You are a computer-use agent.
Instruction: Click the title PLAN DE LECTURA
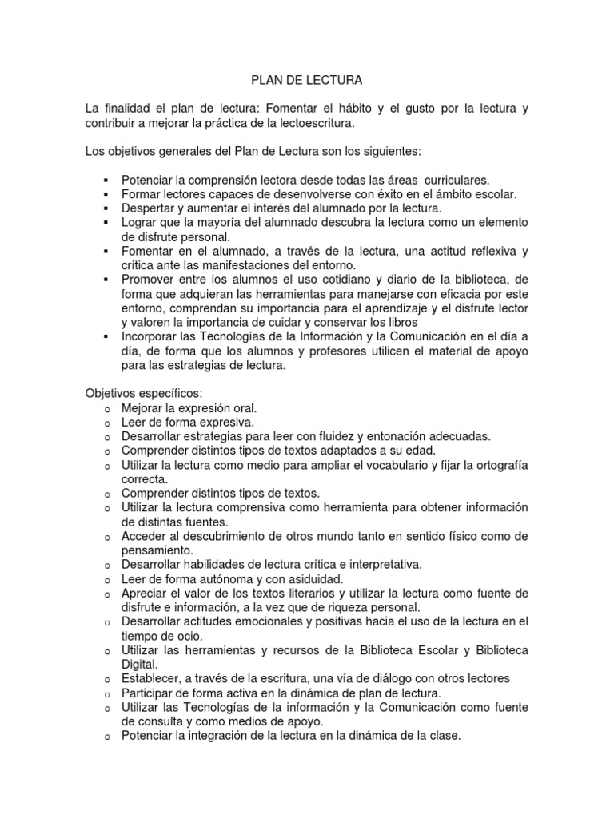pos(307,81)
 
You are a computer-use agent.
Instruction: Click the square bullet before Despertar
pos(106,208)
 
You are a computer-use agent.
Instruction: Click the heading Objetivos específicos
pos(144,394)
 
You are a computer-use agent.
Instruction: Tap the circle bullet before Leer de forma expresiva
pos(106,423)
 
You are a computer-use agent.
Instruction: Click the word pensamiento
pos(157,550)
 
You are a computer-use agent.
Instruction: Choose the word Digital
pos(140,664)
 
